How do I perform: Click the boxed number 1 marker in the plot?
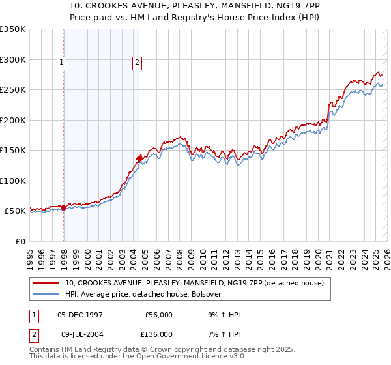tap(61, 63)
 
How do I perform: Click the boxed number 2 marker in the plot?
tap(138, 63)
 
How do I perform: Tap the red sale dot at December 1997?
tap(64, 207)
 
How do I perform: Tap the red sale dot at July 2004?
tap(139, 158)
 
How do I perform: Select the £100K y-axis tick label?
tap(13, 181)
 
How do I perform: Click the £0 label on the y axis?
tap(20, 241)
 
